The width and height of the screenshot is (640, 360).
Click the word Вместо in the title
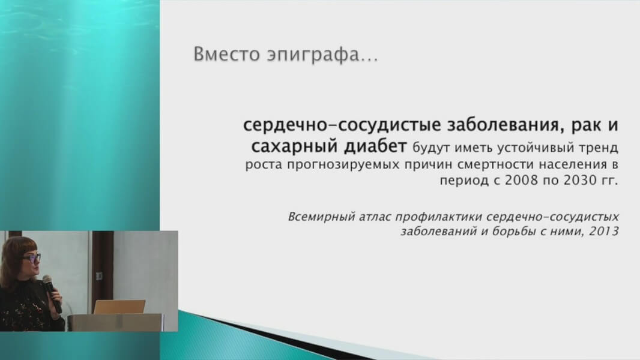point(226,54)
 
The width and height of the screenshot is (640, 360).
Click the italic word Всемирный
point(322,217)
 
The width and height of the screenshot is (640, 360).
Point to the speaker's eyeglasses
point(31,257)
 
